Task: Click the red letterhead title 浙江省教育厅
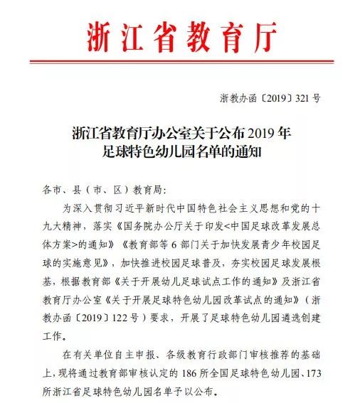(180, 35)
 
